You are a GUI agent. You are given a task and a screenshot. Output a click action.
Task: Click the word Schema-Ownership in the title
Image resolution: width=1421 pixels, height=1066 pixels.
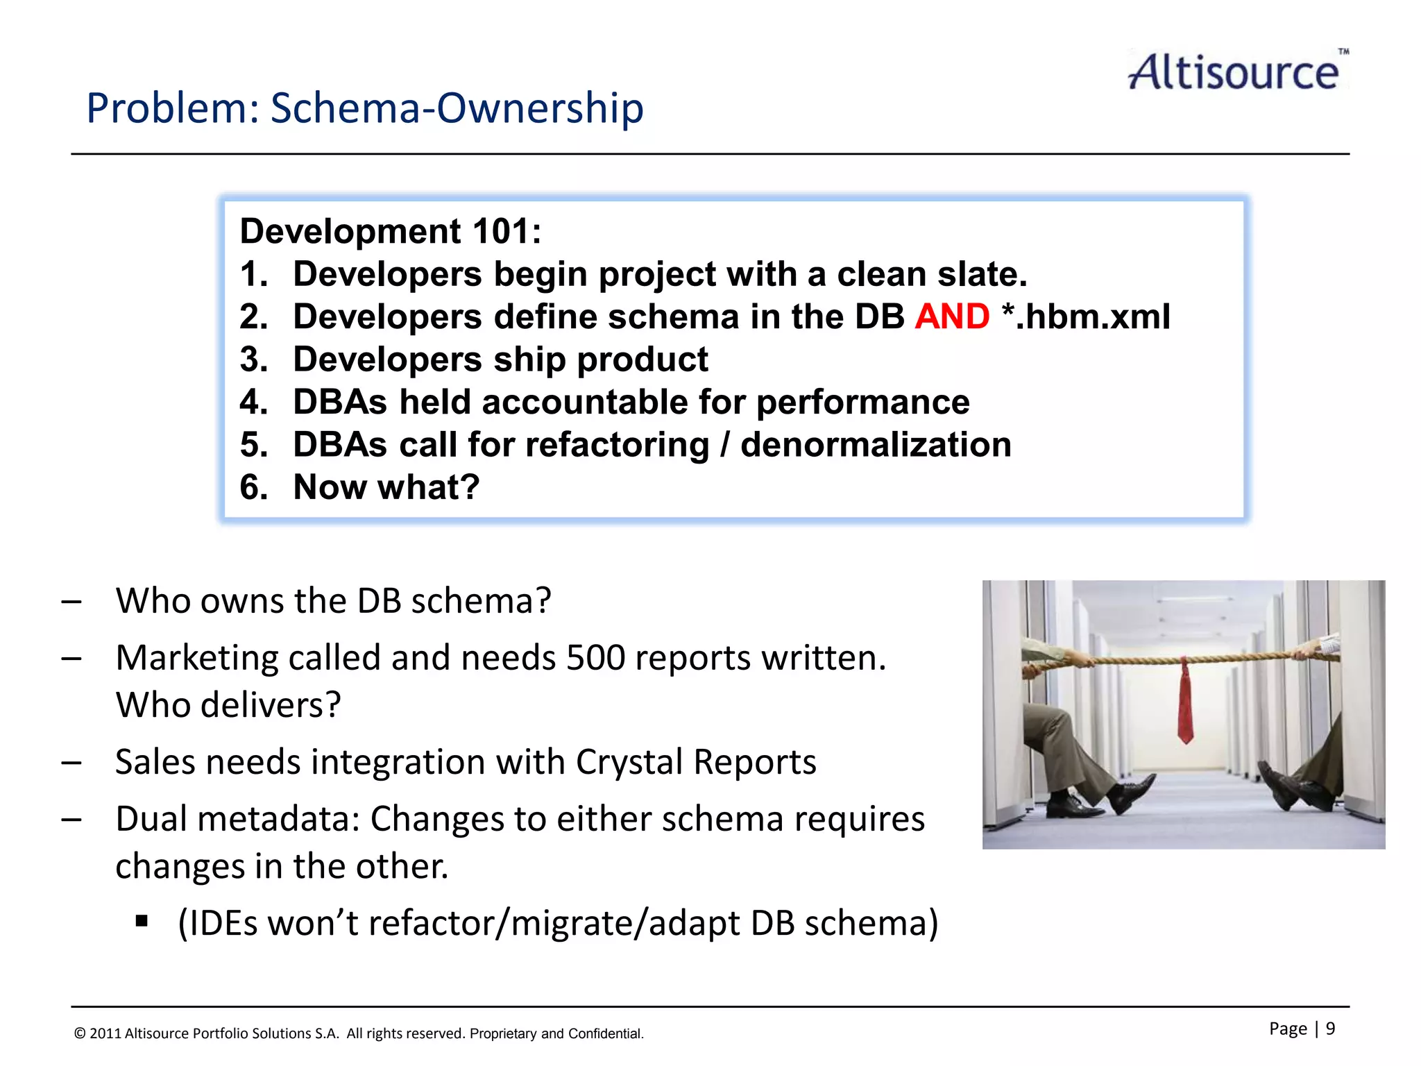click(x=457, y=108)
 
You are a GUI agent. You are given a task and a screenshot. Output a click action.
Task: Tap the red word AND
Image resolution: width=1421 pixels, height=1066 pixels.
click(x=951, y=317)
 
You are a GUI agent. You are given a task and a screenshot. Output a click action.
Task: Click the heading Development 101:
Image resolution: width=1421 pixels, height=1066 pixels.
click(x=390, y=231)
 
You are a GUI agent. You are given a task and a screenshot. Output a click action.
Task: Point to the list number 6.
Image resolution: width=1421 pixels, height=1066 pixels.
click(x=253, y=487)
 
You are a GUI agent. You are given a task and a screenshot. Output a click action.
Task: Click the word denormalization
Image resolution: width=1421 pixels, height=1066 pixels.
click(x=876, y=445)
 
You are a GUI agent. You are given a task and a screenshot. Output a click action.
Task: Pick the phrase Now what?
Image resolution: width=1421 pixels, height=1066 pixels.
click(x=386, y=487)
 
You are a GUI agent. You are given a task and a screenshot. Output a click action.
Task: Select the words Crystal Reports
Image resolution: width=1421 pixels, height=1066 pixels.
click(x=695, y=762)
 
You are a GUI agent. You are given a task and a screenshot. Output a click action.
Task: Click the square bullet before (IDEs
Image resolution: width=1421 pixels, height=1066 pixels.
click(x=142, y=922)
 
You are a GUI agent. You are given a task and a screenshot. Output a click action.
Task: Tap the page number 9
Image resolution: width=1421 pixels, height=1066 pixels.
click(x=1330, y=1029)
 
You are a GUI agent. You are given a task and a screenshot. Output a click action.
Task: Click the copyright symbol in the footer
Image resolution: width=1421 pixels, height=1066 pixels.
click(x=80, y=1033)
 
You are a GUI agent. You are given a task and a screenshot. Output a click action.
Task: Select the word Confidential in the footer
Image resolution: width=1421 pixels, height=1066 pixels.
click(x=606, y=1033)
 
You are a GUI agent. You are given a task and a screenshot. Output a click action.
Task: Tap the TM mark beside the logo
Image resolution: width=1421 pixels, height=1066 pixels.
click(x=1343, y=51)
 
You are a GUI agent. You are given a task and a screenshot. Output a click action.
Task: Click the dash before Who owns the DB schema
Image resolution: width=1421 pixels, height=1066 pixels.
click(x=71, y=602)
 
